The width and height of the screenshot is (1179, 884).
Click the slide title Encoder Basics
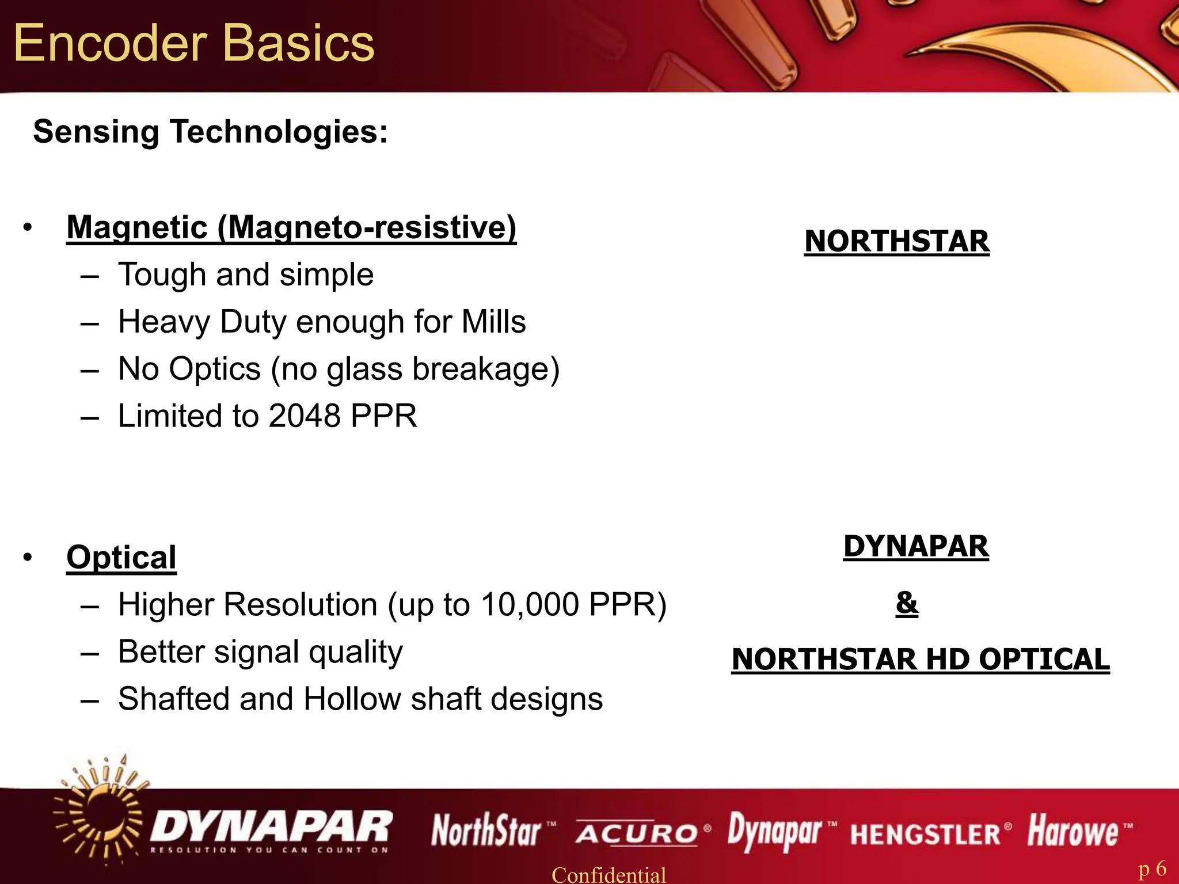pos(194,43)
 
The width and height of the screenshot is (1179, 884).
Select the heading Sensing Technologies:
pos(211,132)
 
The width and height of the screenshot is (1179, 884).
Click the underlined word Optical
pos(121,557)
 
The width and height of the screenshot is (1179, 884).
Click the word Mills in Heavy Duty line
pos(493,321)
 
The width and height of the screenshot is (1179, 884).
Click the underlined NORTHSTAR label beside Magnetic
pos(896,241)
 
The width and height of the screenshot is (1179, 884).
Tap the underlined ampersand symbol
pos(907,603)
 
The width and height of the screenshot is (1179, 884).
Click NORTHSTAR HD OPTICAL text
pos(920,659)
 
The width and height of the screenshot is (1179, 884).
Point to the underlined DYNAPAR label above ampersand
pos(915,546)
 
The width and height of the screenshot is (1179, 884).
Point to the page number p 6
pos(1152,868)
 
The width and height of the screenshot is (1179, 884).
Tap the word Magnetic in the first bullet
pos(137,227)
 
